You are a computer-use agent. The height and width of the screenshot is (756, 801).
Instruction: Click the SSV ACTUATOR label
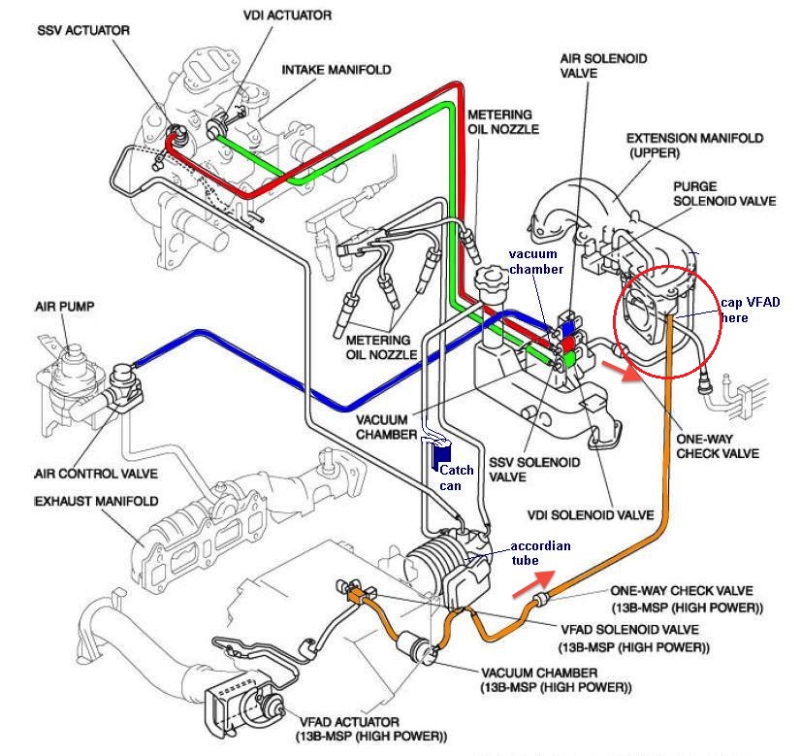pyautogui.click(x=83, y=30)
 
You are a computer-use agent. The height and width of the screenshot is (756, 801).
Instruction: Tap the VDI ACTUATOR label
pyautogui.click(x=287, y=16)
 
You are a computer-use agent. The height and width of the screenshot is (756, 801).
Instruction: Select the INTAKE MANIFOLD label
pyautogui.click(x=336, y=70)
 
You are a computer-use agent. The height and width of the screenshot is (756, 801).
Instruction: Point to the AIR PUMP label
pyautogui.click(x=65, y=307)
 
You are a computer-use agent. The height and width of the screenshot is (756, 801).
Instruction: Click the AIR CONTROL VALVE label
pyautogui.click(x=96, y=474)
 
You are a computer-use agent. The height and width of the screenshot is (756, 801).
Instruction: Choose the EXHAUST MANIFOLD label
pyautogui.click(x=96, y=501)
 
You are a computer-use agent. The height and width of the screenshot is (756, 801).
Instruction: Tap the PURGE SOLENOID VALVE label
pyautogui.click(x=724, y=194)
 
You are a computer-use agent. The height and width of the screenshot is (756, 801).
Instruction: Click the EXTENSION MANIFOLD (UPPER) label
pyautogui.click(x=694, y=146)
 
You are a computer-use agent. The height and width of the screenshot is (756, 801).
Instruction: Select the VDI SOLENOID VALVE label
pyautogui.click(x=591, y=514)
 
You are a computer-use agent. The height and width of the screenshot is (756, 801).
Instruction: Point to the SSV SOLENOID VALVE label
pyautogui.click(x=534, y=470)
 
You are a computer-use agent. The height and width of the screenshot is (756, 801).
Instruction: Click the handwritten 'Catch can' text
pyautogui.click(x=457, y=477)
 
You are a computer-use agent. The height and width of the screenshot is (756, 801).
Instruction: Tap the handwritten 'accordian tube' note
pyautogui.click(x=540, y=552)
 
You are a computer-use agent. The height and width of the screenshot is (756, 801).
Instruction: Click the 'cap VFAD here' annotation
pyautogui.click(x=751, y=310)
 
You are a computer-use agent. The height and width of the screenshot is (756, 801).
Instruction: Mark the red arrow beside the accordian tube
pyautogui.click(x=533, y=583)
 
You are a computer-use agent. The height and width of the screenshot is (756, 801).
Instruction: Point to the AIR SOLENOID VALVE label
pyautogui.click(x=603, y=66)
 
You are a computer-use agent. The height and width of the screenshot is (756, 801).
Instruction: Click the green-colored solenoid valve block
pyautogui.click(x=568, y=360)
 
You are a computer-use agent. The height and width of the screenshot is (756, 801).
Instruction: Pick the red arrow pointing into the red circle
pyautogui.click(x=622, y=371)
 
